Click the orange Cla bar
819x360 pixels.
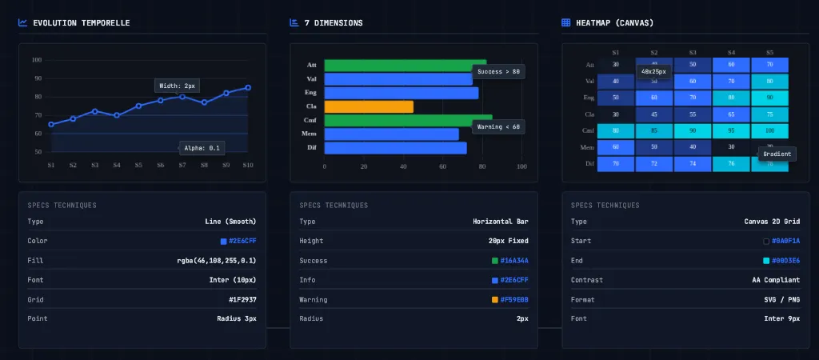pos(369,106)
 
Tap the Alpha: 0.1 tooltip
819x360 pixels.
pos(202,147)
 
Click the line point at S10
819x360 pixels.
pos(248,87)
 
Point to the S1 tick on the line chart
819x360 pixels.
pos(51,166)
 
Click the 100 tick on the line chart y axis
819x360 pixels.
pos(37,60)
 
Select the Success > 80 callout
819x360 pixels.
pos(498,71)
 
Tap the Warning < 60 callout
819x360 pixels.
pos(498,126)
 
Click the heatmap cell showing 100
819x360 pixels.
pos(769,130)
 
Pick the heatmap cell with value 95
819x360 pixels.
pos(731,130)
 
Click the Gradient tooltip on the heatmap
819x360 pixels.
pos(777,154)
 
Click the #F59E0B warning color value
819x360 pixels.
pos(514,299)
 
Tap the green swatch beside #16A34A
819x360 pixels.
pos(495,261)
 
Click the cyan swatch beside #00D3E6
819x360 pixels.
pos(767,261)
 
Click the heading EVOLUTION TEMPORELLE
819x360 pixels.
pos(81,23)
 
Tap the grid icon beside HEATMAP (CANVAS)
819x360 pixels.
pos(566,23)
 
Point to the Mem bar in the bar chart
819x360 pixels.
pos(391,134)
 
